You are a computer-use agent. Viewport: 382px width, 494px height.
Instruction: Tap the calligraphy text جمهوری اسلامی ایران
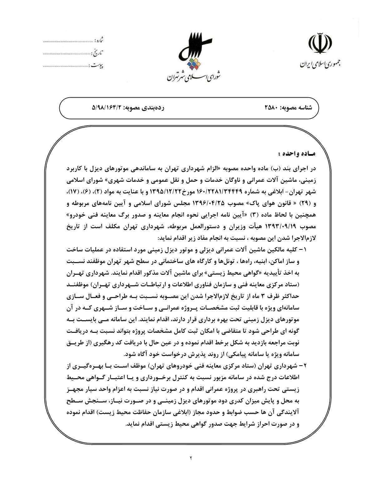(320, 64)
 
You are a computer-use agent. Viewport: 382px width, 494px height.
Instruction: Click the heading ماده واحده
(296, 154)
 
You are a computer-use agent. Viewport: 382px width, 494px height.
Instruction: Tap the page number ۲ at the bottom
(191, 458)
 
